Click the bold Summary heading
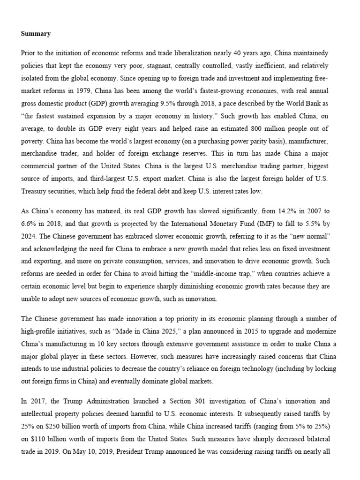[36, 34]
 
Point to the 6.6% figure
[30, 224]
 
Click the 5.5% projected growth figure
[321, 224]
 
